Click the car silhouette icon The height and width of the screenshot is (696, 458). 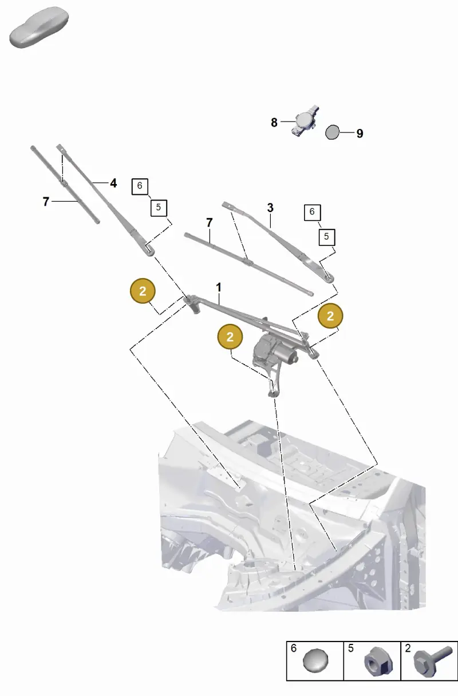[x=39, y=28]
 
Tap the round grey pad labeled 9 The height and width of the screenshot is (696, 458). [x=332, y=132]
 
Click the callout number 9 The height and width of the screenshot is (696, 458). [x=360, y=134]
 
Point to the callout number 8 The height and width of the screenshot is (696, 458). [x=274, y=123]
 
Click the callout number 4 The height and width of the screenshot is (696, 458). [x=113, y=183]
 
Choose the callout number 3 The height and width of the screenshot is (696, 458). [x=270, y=208]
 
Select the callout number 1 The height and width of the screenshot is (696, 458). [x=219, y=287]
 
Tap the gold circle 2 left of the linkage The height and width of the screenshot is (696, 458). [x=143, y=291]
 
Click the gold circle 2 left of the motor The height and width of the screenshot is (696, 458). [x=230, y=337]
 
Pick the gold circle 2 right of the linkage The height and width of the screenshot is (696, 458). [x=330, y=316]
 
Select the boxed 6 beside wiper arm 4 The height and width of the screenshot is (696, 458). [x=140, y=186]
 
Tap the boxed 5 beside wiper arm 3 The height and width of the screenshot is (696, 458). [x=326, y=237]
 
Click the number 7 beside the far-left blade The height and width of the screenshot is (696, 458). [x=46, y=202]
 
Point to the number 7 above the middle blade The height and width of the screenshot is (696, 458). [x=210, y=223]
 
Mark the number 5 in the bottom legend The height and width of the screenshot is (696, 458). [x=350, y=648]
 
